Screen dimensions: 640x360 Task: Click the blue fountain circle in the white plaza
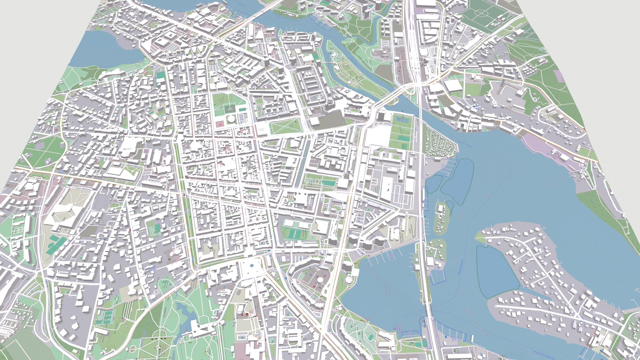tap(252, 266)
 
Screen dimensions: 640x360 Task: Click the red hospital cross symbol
tap(247, 314)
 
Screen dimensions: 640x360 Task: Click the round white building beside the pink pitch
tap(231, 119)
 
